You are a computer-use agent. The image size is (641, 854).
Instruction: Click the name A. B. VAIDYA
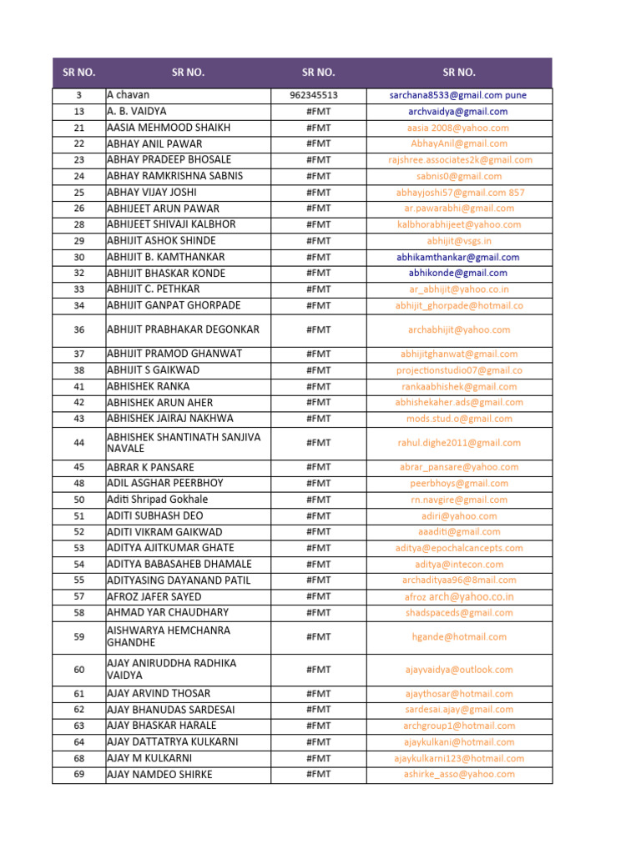click(137, 111)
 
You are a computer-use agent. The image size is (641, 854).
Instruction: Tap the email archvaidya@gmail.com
click(457, 111)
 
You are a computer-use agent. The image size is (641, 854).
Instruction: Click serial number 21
click(79, 128)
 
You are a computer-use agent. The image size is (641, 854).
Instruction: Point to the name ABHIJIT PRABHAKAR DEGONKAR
click(184, 329)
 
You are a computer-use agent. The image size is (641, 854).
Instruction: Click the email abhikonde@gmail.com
click(457, 273)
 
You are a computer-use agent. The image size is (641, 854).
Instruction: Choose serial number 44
click(79, 443)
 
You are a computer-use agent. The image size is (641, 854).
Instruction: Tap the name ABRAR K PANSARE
click(151, 467)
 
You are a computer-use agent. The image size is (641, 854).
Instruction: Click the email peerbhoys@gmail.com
click(458, 483)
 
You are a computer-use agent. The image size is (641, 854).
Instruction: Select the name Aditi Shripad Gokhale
click(158, 500)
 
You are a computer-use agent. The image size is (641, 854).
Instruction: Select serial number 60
click(79, 670)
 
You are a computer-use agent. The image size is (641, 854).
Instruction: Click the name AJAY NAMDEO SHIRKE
click(160, 774)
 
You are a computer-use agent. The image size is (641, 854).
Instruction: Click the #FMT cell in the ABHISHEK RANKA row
click(318, 386)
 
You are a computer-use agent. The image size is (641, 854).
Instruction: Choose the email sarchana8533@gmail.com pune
click(457, 95)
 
